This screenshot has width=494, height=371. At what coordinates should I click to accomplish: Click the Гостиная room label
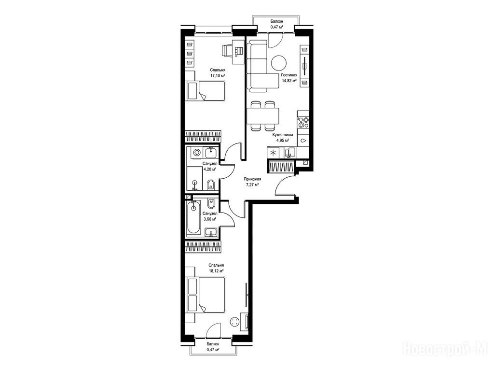pos(289,75)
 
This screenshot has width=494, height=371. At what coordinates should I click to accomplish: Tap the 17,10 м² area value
pos(218,76)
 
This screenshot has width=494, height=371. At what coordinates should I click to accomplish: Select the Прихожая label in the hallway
pos(253,179)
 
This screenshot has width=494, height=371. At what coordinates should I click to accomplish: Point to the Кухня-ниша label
pos(283,135)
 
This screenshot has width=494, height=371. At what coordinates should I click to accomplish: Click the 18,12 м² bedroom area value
pos(216,271)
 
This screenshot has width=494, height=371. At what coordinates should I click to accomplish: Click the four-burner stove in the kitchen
pos(304,122)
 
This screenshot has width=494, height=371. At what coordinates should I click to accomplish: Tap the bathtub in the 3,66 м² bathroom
pos(193,218)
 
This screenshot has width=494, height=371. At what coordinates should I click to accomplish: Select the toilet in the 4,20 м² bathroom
pos(211,185)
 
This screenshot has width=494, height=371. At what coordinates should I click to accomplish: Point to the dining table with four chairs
pos(263,116)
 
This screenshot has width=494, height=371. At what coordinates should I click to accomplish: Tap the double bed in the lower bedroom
pos(206,295)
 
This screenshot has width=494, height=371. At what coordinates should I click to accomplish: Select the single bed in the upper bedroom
pos(206,91)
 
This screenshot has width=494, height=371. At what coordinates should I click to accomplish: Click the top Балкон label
pos(276,21)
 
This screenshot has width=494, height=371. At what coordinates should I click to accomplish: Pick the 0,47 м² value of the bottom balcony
pos(213,350)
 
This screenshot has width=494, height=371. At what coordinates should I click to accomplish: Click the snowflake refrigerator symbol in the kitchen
pos(273,153)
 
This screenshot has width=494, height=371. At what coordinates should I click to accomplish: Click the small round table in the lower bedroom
pos(235,322)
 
